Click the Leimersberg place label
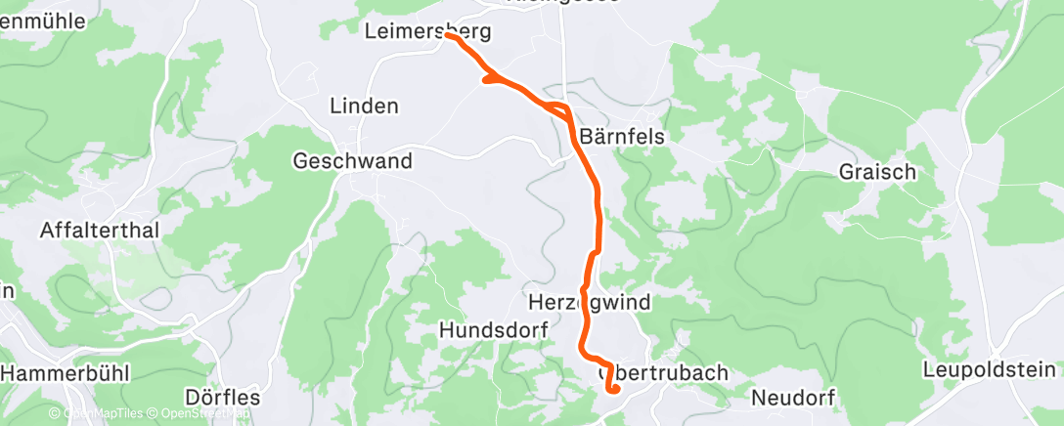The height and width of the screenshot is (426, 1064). (426, 31)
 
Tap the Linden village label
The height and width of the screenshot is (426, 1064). (365, 105)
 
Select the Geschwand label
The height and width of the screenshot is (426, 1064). (354, 161)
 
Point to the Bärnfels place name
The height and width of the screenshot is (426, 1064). (622, 137)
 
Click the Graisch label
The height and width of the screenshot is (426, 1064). (877, 172)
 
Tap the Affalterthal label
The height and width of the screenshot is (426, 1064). (100, 231)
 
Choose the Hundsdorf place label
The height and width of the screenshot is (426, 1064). (493, 330)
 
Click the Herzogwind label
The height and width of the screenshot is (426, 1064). (589, 302)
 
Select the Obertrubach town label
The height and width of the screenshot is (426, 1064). (663, 372)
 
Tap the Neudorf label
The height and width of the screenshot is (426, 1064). (793, 398)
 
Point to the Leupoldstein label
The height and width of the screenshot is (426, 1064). (991, 369)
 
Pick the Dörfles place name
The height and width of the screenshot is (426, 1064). (222, 398)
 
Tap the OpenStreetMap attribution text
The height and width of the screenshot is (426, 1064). (204, 414)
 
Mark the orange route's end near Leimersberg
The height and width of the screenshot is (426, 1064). (448, 35)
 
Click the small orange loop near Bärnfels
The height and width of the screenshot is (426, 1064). (560, 108)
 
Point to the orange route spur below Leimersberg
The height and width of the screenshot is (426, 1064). (489, 80)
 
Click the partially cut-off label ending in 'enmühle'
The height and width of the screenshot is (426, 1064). (44, 20)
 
